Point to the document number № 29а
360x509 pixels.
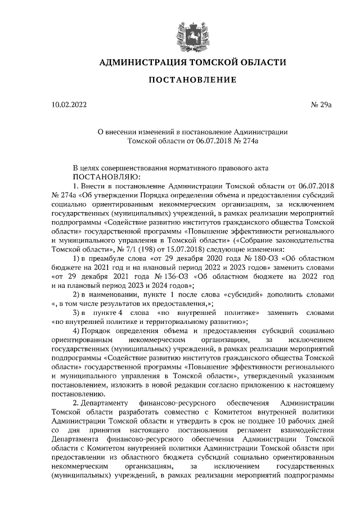[x=323, y=105]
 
